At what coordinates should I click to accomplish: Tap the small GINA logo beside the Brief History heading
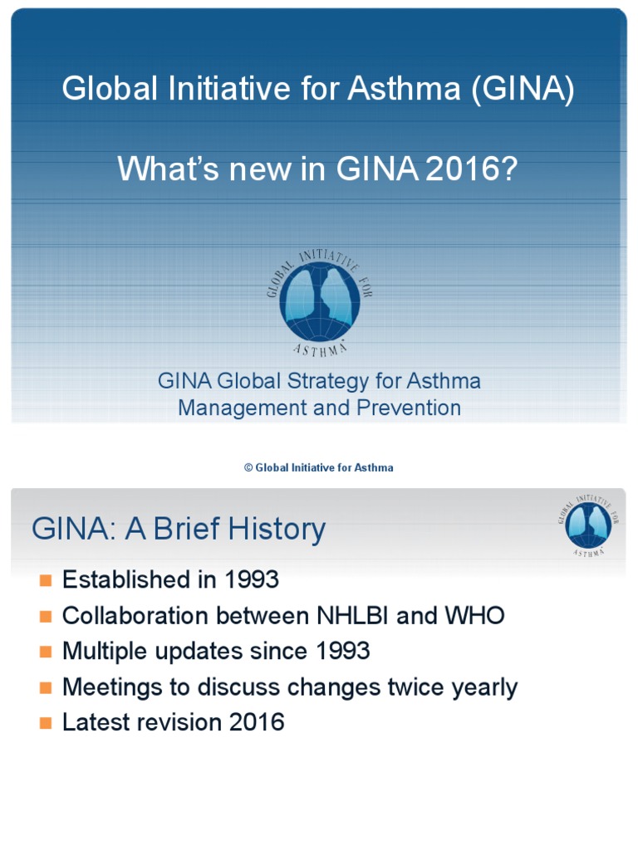[589, 524]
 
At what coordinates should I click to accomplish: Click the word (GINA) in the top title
[523, 89]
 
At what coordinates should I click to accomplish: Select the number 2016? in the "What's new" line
[471, 169]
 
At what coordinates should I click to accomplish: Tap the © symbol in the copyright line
[248, 468]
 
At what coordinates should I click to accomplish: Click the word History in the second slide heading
[272, 530]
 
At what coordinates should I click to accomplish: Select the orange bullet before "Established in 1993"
[45, 579]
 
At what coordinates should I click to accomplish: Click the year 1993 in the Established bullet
[251, 579]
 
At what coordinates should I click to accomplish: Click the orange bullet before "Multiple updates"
[45, 652]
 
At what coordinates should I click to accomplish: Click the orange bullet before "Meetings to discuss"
[45, 687]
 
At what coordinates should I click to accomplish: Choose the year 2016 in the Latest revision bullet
[257, 722]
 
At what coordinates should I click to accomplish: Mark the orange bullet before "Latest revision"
[45, 722]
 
